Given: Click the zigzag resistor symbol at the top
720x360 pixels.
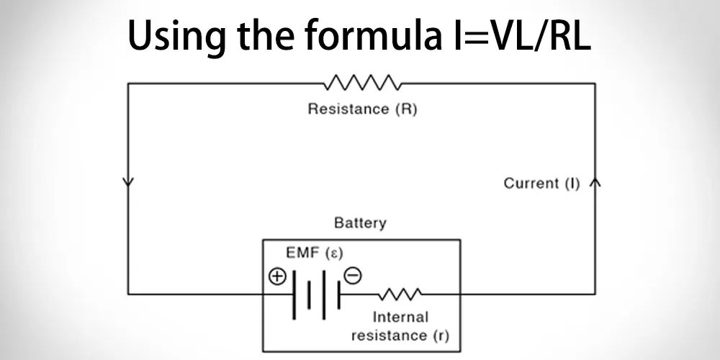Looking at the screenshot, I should tap(362, 83).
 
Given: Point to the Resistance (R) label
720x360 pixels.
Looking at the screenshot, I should tap(362, 110).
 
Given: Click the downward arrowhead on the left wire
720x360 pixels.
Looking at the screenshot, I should tap(128, 181).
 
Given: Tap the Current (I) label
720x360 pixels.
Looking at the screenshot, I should tap(541, 184).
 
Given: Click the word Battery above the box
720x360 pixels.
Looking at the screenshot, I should tap(360, 223).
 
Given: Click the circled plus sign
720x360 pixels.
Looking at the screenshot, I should tap(277, 276).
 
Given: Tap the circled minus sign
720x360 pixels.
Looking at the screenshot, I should tap(352, 276).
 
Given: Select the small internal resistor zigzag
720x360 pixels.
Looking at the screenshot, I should tap(401, 294).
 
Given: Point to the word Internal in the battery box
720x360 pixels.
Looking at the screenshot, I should tap(400, 317).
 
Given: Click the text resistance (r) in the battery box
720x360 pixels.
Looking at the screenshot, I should tap(400, 336).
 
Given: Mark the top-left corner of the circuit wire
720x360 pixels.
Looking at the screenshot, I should tap(128, 84).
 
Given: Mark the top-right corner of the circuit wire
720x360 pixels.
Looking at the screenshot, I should tap(595, 84).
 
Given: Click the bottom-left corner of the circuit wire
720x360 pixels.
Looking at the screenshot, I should tap(128, 294).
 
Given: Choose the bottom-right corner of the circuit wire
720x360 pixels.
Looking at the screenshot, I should tap(595, 294).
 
